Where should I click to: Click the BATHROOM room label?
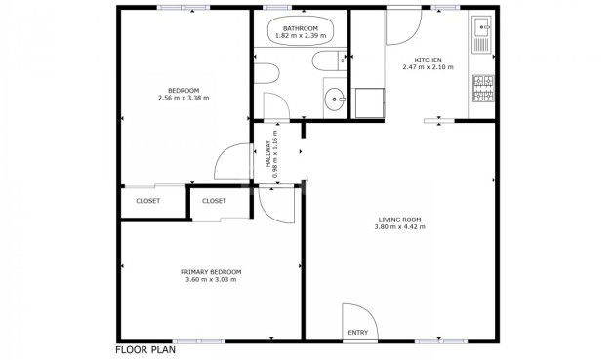[301, 28]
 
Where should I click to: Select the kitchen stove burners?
[483, 88]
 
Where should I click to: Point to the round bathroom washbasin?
[334, 99]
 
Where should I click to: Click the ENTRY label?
[358, 333]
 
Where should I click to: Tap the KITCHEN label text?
[428, 60]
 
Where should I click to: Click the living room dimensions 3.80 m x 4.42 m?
[399, 226]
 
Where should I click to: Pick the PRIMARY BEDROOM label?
[211, 272]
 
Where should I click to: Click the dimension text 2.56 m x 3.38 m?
[184, 98]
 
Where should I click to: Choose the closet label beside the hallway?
[214, 201]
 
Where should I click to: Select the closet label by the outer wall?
[147, 201]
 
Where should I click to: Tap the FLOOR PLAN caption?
[145, 350]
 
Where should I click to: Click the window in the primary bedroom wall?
[199, 341]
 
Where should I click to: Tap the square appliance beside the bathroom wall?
[369, 102]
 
